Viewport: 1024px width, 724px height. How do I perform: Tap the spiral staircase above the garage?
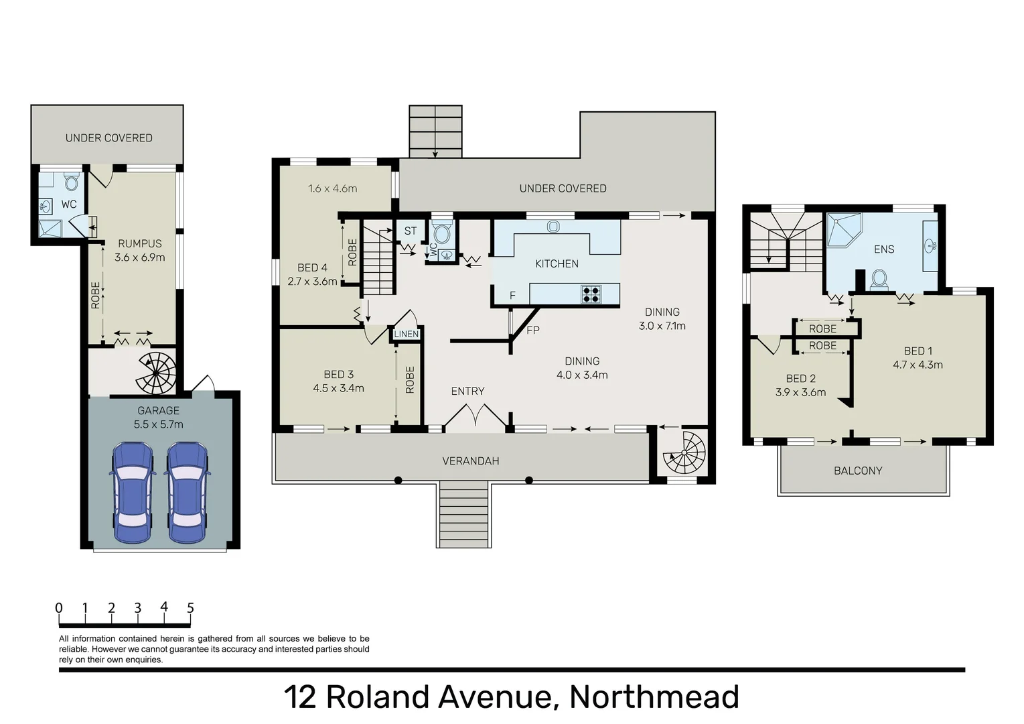coord(157,373)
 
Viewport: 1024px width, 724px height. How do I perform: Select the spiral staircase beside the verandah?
coord(684,452)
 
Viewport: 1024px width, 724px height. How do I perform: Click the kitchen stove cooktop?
coord(591,294)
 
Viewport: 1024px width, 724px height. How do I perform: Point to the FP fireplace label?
coord(533,330)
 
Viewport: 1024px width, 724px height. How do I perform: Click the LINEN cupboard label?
coord(406,334)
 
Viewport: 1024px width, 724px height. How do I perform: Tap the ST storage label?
coord(410,231)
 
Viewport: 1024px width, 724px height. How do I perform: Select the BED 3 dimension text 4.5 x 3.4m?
coord(338,388)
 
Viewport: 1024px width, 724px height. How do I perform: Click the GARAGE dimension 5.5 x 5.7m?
coord(158,424)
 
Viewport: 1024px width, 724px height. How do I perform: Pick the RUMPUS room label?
coord(139,243)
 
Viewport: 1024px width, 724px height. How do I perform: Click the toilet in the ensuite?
coord(879,279)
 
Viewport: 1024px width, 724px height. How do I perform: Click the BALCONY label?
coord(857,471)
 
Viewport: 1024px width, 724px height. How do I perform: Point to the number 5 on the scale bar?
coord(190,608)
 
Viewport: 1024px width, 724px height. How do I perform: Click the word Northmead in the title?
coord(654,697)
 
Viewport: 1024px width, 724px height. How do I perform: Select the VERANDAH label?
coord(470,461)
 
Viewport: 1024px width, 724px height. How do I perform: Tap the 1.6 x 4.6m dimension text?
coord(332,188)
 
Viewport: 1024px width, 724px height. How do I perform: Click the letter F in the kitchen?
coord(512,296)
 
